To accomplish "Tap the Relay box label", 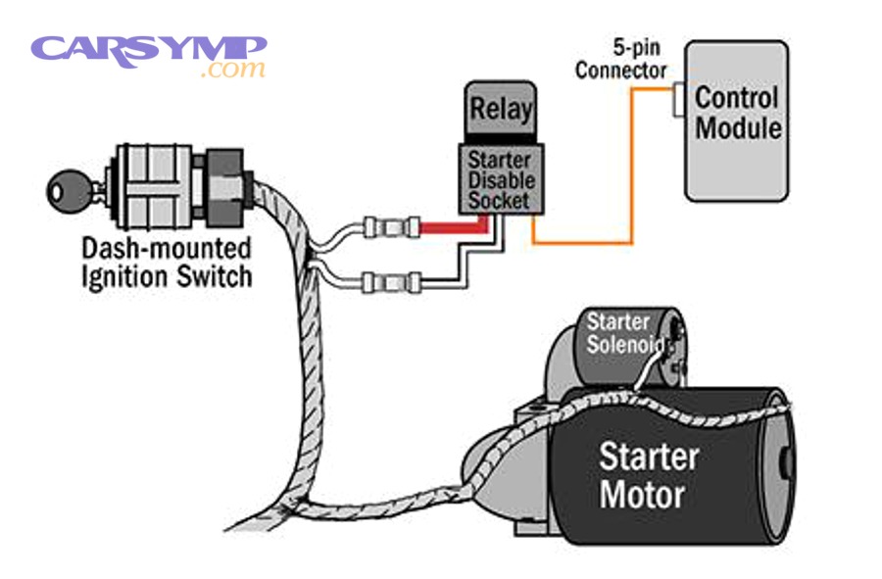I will point(501,109).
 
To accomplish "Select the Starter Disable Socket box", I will point(500,178).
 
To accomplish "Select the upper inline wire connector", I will point(389,227).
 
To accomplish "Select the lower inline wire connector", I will point(389,284).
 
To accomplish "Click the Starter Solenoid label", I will point(618,333).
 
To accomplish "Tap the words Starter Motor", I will point(649,474).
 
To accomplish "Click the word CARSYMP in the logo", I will point(147,48).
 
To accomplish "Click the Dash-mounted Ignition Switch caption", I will point(166,262).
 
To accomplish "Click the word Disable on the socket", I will point(501,179).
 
